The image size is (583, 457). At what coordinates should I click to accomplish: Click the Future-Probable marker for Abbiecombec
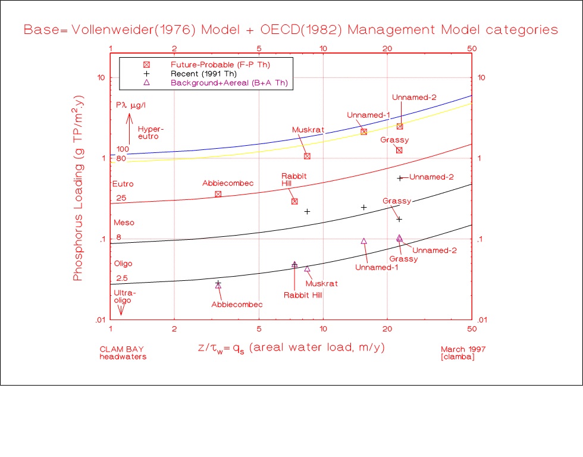pos(218,193)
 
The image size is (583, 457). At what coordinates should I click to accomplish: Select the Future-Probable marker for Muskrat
pos(307,156)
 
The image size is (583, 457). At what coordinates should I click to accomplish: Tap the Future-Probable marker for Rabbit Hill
pos(294,201)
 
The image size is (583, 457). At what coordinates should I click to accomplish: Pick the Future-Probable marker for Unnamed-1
pos(363,132)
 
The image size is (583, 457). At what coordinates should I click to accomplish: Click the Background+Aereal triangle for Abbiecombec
pos(218,286)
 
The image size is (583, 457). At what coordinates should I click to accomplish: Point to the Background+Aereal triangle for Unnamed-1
pos(364,241)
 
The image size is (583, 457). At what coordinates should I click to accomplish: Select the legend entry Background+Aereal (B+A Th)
pos(229,83)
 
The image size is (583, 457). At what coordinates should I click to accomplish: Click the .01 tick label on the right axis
pos(482,320)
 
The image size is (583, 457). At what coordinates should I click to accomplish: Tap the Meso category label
pos(124,223)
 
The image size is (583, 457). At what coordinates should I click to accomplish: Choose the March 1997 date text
pos(463,349)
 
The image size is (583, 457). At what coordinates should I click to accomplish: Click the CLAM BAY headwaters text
pos(123,353)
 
